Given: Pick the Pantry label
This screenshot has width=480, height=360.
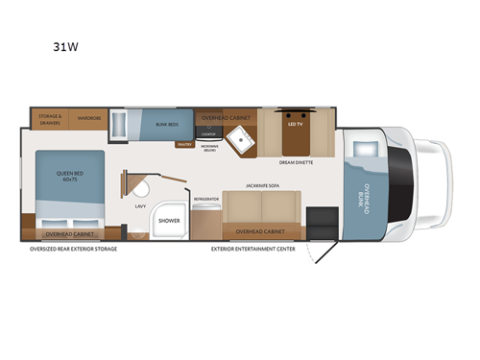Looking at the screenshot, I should point(184,145).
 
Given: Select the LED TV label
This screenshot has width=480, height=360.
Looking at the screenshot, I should point(296,123).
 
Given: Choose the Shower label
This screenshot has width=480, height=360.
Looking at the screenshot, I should point(170,220).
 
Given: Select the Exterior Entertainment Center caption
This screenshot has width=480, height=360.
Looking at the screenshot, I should point(252,248).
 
